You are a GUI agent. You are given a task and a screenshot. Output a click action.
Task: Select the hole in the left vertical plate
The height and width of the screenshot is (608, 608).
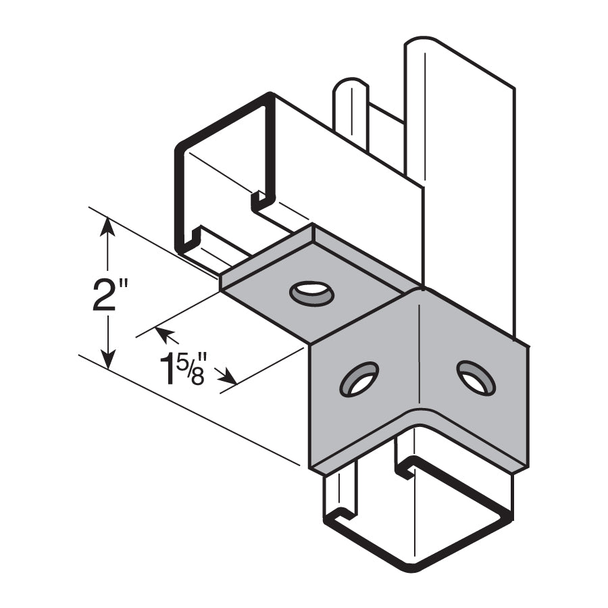click(359, 379)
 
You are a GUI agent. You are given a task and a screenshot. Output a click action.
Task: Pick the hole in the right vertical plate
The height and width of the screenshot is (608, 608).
click(476, 378)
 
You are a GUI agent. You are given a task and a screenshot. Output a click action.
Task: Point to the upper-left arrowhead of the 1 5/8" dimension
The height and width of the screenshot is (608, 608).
click(162, 333)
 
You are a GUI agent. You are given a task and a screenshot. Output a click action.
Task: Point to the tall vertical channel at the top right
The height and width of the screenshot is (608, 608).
click(459, 135)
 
